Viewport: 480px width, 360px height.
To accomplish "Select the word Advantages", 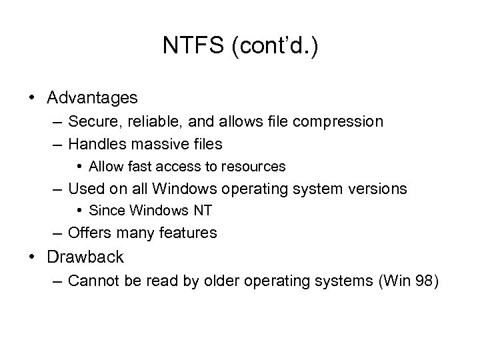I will tap(93, 98).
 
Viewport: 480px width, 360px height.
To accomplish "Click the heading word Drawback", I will tap(85, 257).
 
